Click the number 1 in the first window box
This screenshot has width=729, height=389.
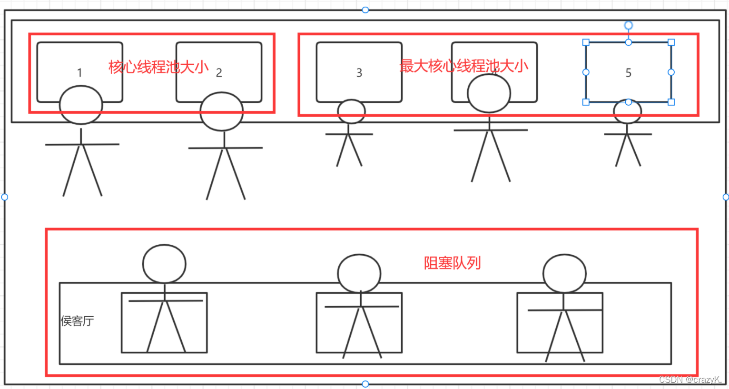pos(79,72)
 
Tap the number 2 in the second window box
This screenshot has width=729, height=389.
pos(219,72)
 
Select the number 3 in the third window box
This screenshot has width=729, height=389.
pos(359,72)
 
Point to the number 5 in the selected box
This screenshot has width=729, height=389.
pos(629,72)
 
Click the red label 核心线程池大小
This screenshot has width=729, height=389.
pos(158,67)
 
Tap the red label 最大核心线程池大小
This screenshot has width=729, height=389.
pos(464,66)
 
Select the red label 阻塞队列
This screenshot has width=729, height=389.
pos(453,263)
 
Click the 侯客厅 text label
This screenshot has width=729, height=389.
pos(77,321)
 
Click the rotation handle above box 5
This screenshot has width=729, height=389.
pos(629,25)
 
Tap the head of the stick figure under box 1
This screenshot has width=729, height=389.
pos(81,105)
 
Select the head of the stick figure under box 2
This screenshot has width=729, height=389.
pos(222,112)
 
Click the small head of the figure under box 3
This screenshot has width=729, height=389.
pos(352,111)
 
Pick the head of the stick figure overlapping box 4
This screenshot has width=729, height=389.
pos(489,93)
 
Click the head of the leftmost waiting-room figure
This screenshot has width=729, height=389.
pos(164,264)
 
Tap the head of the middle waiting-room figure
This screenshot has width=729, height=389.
pos(359,273)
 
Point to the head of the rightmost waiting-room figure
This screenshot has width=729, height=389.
pos(565,273)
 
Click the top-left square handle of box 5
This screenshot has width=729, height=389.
pos(586,42)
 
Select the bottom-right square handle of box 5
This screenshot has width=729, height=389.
pos(671,102)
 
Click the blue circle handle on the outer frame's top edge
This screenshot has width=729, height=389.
pos(365,10)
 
